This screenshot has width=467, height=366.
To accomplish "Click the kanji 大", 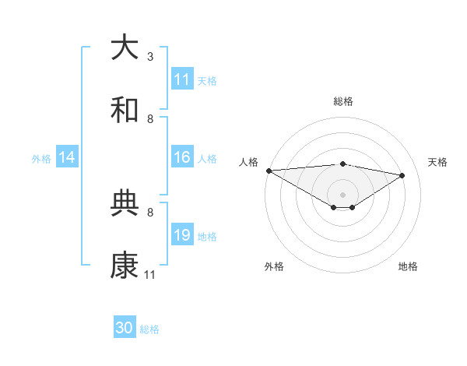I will tap(125, 48).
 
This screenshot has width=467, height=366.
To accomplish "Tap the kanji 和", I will tap(125, 111).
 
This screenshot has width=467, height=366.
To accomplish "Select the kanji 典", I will tap(125, 204).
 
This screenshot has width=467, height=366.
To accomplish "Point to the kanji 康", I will tap(125, 266).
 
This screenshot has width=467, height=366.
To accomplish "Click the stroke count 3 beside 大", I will tap(150, 56).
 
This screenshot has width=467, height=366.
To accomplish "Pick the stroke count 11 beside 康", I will tap(150, 274).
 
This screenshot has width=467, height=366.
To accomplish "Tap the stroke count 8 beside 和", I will tap(150, 118).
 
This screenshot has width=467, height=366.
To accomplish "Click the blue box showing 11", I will tap(182, 79).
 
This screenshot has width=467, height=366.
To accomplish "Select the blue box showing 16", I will tap(182, 157).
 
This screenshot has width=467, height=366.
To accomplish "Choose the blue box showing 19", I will tap(182, 235).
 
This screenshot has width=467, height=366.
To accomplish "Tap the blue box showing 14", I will tap(67, 157).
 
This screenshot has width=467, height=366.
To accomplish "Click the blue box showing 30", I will tap(125, 328).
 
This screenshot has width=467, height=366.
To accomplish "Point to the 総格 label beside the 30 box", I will tap(150, 329).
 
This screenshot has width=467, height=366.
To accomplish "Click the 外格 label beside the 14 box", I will tap(41, 158).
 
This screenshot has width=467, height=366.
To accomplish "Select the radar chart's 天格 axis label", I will tap(437, 162).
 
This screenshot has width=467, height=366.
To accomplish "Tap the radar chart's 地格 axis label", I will tap(408, 266).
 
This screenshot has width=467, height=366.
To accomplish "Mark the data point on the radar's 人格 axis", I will tap(269, 170).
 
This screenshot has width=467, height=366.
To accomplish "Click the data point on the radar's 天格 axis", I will tap(402, 175).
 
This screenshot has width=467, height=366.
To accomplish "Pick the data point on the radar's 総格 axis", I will tap(342, 164).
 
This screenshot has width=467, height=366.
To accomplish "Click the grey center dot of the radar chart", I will tap(342, 194).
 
